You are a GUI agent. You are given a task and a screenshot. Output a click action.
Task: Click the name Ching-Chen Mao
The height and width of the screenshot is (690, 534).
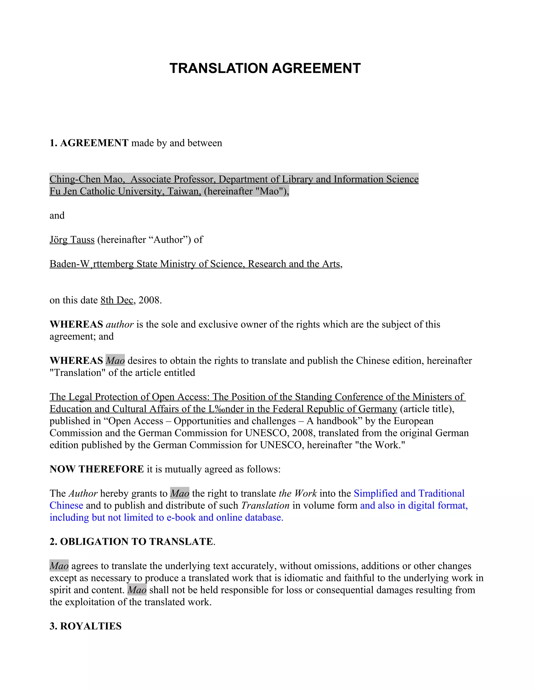click(86, 179)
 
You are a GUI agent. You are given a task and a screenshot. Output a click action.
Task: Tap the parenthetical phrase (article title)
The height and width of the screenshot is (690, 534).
click(427, 409)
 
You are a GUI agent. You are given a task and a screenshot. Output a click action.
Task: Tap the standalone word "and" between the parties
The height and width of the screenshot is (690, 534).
click(57, 216)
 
